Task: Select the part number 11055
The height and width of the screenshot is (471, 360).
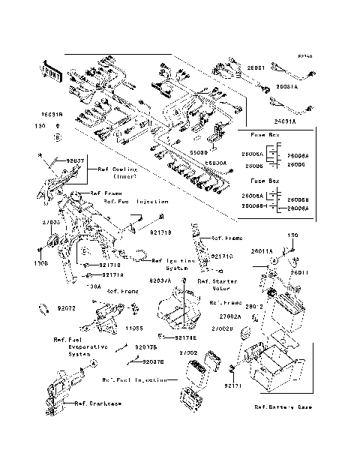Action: pos(134,328)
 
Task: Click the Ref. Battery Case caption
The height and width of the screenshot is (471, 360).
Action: pos(283,406)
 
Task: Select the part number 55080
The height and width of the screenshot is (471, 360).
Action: pos(199,152)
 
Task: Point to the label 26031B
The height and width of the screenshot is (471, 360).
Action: pos(52,115)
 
